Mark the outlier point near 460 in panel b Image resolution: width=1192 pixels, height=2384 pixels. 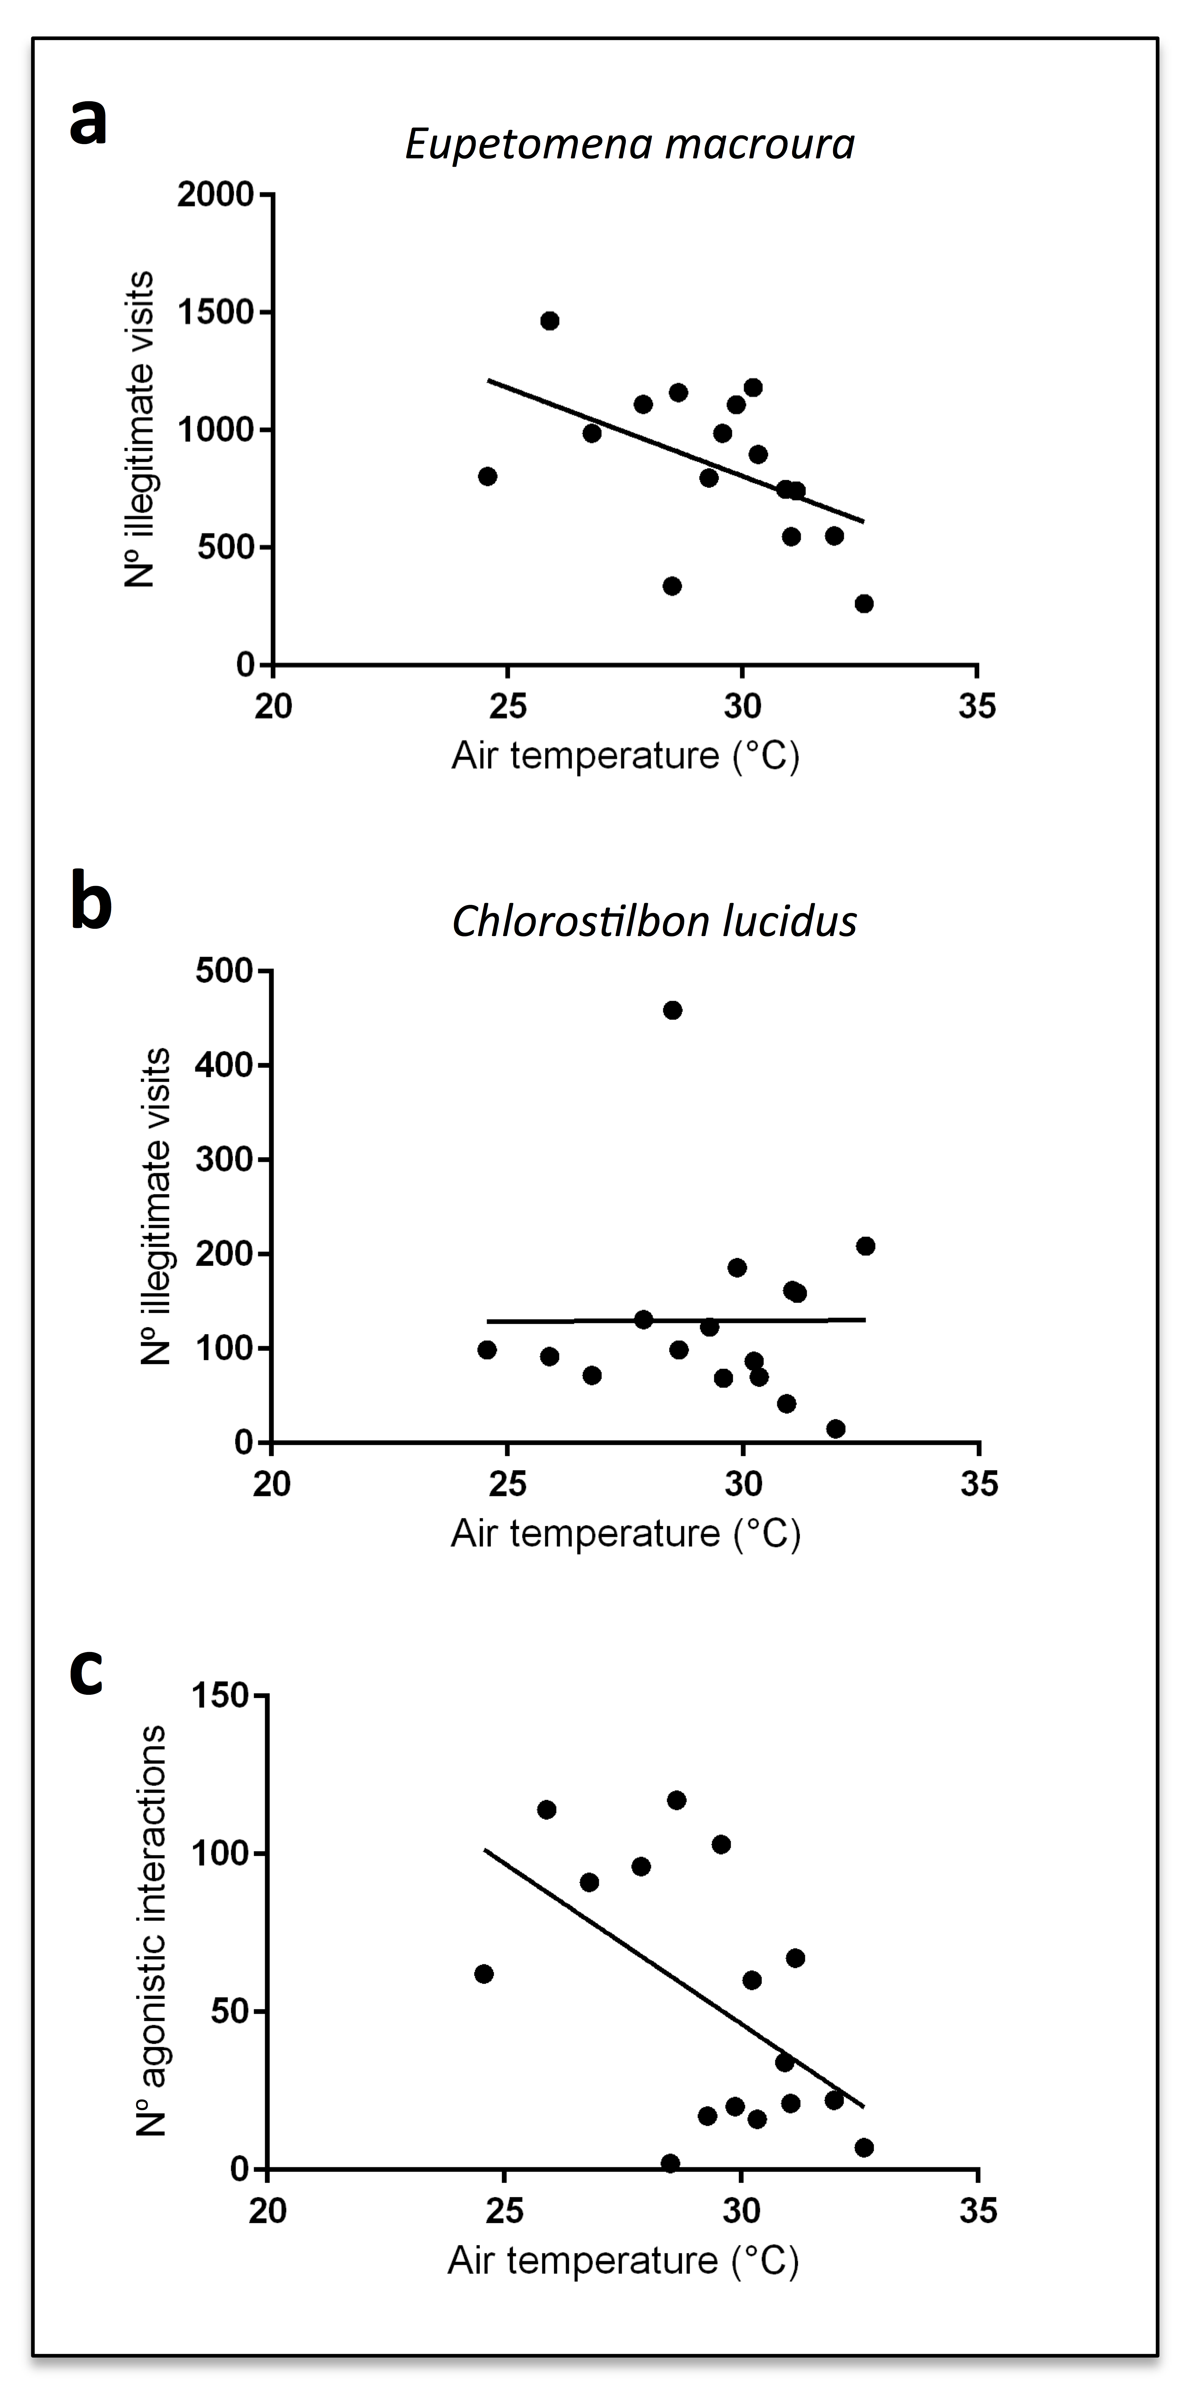click(673, 1010)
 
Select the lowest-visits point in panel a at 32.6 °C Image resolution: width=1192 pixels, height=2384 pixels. click(865, 603)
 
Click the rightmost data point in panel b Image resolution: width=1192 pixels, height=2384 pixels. click(865, 1246)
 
